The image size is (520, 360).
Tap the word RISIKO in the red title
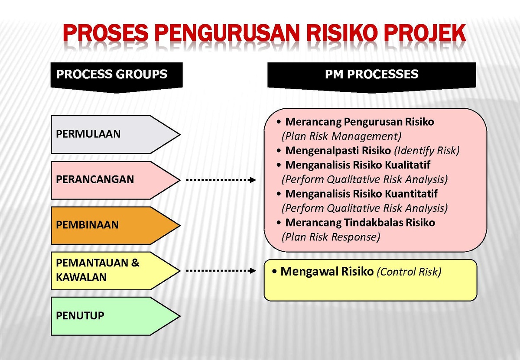coord(342,33)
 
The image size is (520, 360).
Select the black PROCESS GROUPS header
coord(117,78)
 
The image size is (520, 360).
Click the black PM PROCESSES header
coord(372,78)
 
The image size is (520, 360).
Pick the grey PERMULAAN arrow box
coord(115,134)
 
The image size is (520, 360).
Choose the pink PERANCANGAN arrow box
coord(115,180)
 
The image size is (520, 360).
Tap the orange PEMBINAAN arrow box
coord(115,225)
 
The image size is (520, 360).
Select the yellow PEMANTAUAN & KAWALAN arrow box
coord(115,271)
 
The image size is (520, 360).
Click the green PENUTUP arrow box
coord(115,316)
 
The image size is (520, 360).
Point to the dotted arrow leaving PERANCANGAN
coord(221,180)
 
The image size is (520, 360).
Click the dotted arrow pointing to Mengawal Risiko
coord(221,271)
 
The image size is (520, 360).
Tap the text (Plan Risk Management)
coord(341,136)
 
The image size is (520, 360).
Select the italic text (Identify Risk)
coord(427,151)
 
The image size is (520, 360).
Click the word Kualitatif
coord(407,165)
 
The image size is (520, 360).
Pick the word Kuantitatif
coord(411,194)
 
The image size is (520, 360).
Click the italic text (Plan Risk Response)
coord(331,237)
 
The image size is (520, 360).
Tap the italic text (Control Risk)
coord(409,272)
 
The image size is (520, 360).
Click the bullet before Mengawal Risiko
coord(274,271)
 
